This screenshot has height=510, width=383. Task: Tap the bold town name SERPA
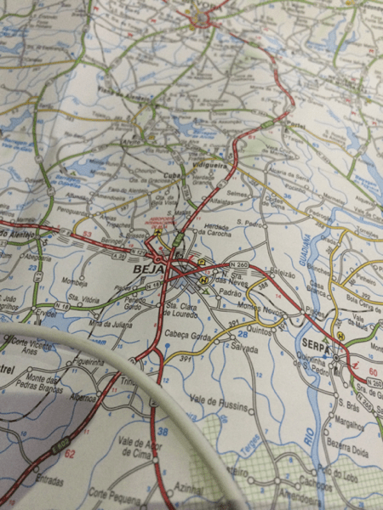pos(315,343)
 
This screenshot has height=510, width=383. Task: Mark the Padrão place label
pos(232,292)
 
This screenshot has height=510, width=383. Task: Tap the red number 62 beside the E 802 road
pos(70,453)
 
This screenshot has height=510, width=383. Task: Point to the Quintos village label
pos(255,330)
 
